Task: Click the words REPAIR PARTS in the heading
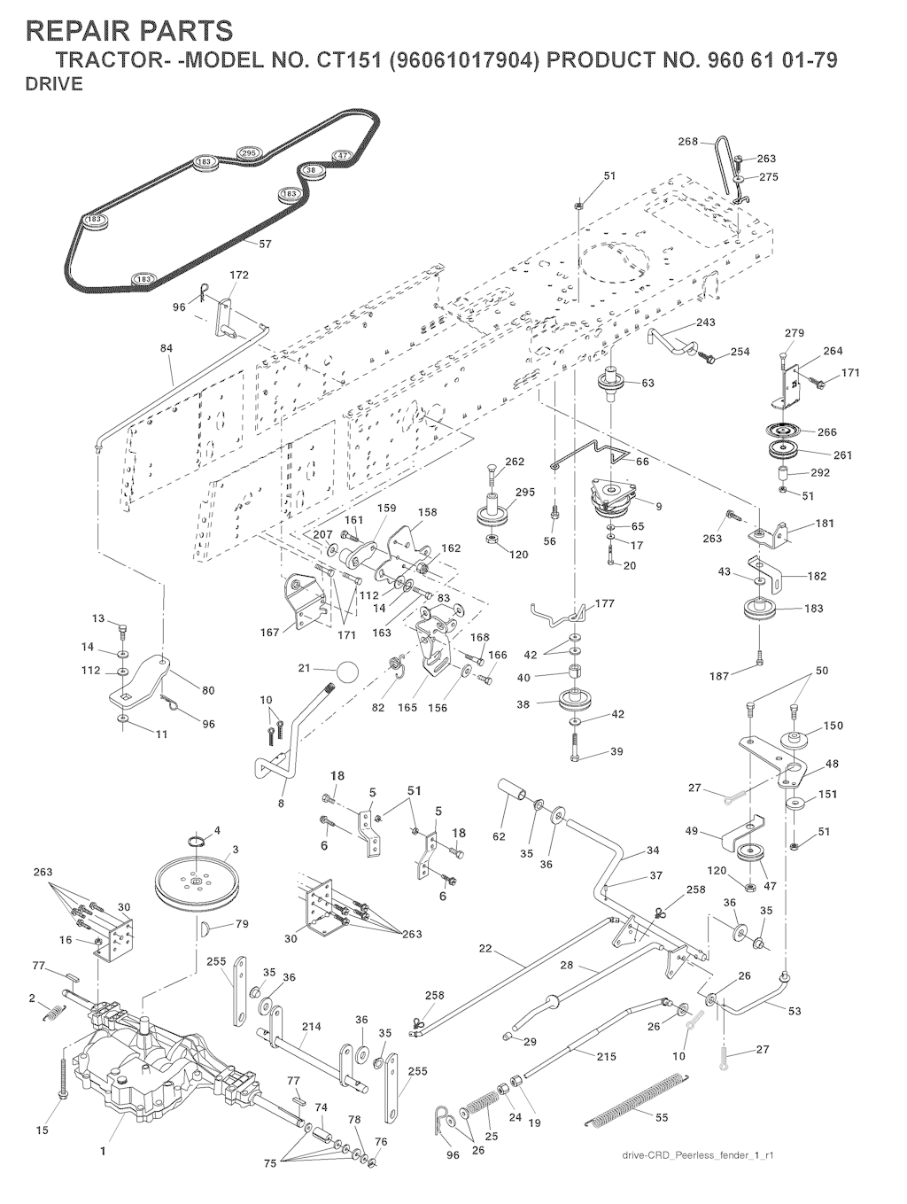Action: [x=131, y=31]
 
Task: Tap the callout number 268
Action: [x=688, y=141]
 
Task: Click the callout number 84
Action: [x=167, y=348]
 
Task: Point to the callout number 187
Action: [x=719, y=675]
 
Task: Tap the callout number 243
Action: [x=705, y=322]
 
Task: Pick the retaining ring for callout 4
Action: [x=197, y=840]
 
